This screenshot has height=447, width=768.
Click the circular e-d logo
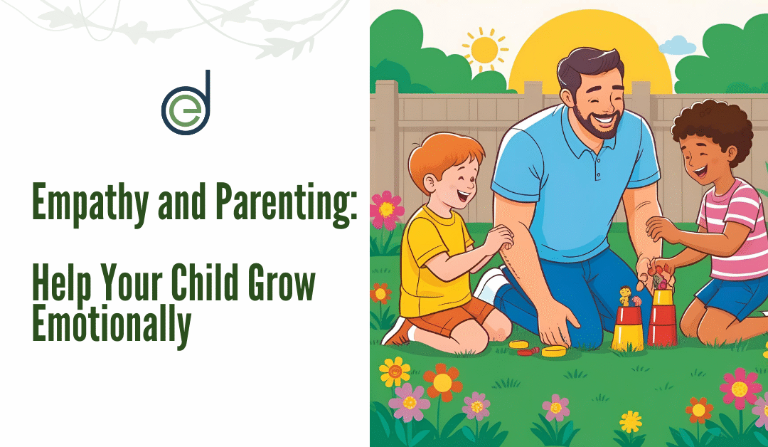coord(186,104)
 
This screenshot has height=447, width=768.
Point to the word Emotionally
coord(112,324)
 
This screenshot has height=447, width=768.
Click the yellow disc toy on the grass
coord(553,351)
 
